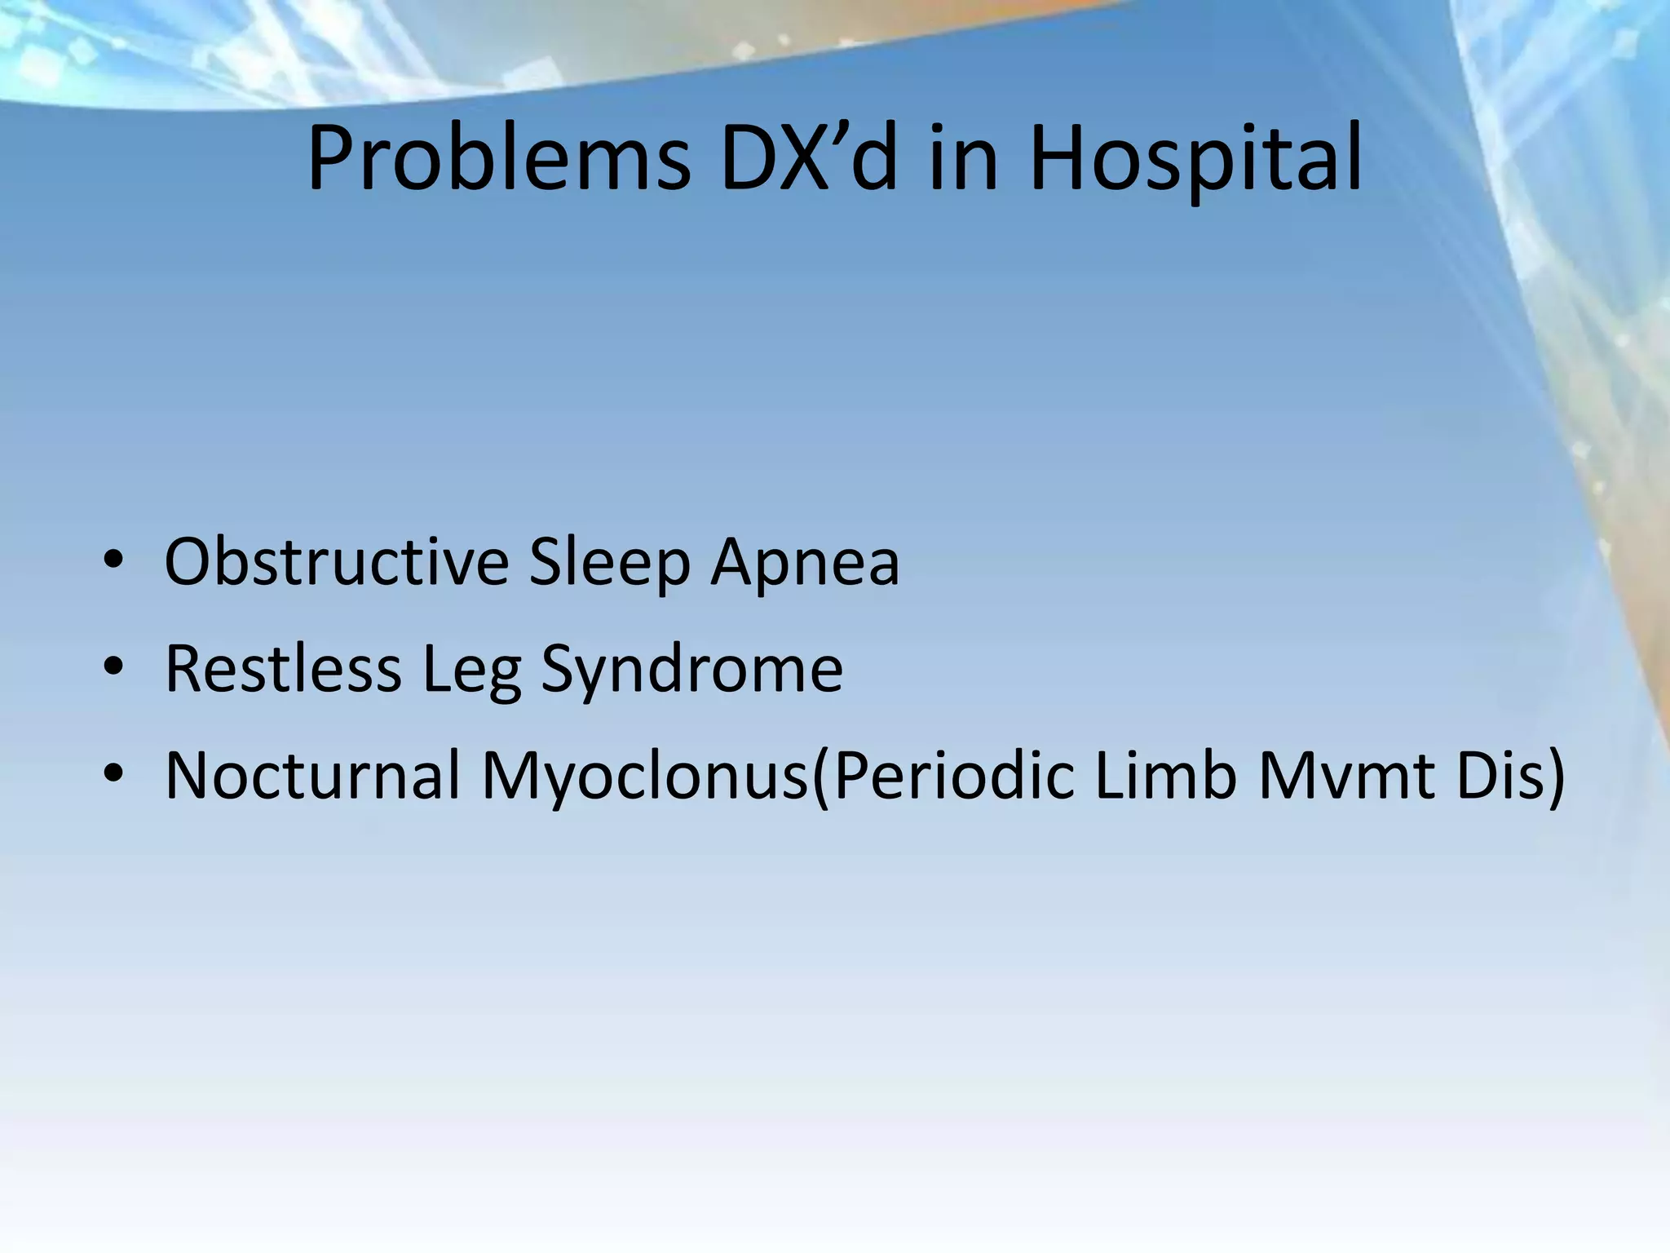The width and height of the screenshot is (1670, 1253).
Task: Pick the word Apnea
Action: [805, 563]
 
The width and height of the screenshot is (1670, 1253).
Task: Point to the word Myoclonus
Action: [644, 776]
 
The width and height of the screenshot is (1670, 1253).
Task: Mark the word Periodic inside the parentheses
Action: [953, 774]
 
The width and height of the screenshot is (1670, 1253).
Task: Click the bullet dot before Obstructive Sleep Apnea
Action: [113, 561]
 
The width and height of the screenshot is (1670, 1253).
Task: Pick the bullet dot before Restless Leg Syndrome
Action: [113, 666]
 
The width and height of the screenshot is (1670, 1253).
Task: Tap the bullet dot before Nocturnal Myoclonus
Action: [113, 773]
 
